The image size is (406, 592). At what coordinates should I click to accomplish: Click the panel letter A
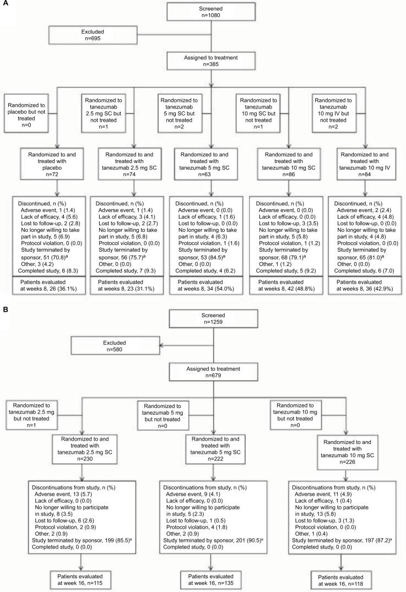point(4,4)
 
